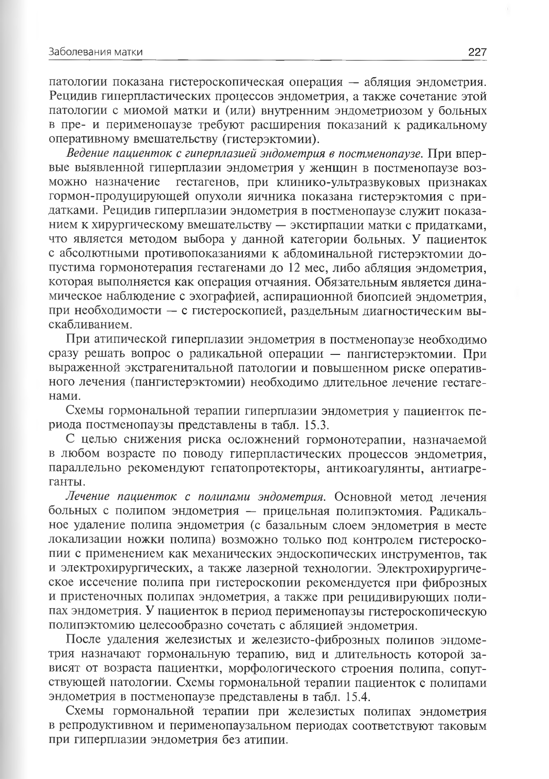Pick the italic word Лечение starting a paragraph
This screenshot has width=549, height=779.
pyautogui.click(x=89, y=497)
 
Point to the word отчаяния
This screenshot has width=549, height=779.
pyautogui.click(x=280, y=282)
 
